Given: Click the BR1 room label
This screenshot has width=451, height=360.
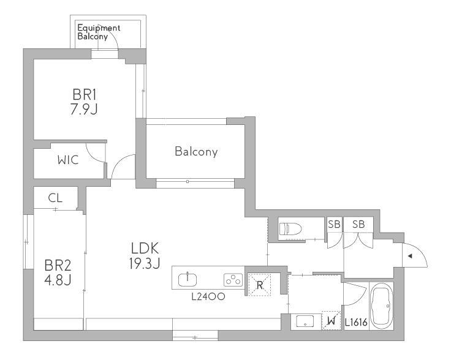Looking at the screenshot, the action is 85,94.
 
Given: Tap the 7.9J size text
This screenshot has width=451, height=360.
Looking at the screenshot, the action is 85,109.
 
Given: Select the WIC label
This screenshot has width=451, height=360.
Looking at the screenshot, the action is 68,160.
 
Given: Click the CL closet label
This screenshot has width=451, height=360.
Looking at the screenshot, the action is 55,198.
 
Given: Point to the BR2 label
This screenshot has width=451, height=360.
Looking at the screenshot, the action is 58,266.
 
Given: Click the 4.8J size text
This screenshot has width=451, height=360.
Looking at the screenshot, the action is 58,280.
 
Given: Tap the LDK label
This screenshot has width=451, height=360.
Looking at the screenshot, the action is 145,249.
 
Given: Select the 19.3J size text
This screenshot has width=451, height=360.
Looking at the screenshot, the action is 145,263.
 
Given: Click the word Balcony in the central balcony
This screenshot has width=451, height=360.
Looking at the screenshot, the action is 196,151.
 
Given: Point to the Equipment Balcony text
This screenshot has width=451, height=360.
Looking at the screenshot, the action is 99,32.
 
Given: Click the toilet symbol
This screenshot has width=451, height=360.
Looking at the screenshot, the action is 290,229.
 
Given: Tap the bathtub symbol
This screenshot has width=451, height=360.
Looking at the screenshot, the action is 381,306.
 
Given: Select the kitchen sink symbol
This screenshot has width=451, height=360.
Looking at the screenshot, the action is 188,280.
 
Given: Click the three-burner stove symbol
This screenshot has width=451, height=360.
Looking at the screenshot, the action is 233,280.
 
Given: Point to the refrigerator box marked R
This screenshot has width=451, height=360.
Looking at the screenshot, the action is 260,285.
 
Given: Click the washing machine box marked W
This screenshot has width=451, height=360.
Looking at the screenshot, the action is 332,321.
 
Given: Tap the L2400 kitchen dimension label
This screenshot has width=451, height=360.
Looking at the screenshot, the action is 208,296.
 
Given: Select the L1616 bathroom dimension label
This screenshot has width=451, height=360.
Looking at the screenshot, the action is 357,323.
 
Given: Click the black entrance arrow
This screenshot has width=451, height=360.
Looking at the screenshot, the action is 410,256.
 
